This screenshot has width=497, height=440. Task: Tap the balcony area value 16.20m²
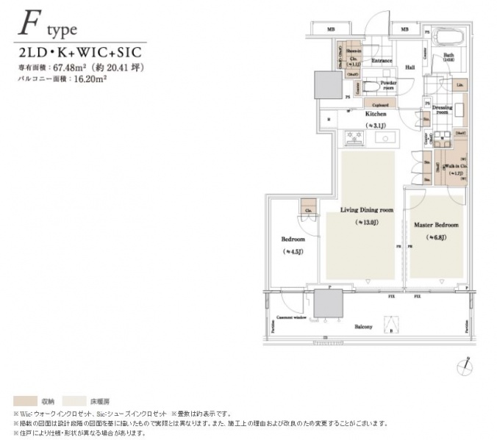[79, 77]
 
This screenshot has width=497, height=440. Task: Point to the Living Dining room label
[366, 210]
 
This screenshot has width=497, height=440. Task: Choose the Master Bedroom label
[435, 224]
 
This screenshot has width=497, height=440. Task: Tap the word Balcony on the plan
[363, 326]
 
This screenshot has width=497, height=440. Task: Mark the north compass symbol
[462, 363]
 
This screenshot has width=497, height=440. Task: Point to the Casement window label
[291, 318]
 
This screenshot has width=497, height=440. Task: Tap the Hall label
[410, 68]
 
